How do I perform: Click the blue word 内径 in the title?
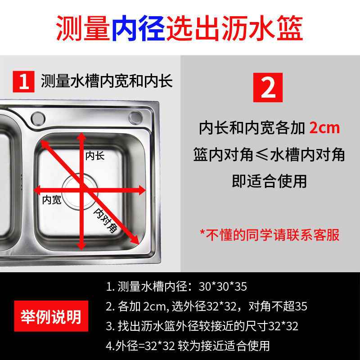coord(139,28)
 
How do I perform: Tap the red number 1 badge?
coord(24,81)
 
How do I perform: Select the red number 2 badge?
coord(268,87)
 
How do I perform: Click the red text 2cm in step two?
coord(324,128)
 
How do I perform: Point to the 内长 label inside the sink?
coord(95,156)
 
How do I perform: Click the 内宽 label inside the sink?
coord(52,200)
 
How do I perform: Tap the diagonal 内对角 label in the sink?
coord(106,220)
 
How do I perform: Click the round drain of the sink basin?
coord(80,192)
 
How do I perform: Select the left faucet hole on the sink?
coord(38,118)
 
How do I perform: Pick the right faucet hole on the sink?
coord(135,117)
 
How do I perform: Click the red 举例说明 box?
coord(51,316)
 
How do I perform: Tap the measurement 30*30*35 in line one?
coord(223,286)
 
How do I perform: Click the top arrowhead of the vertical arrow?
coord(81,136)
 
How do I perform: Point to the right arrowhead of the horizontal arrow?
coord(141,190)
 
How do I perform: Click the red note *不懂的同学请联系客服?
coord(269,234)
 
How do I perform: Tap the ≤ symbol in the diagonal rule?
coord(262,154)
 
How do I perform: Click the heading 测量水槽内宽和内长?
coord(107,81)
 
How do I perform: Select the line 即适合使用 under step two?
coord(269,181)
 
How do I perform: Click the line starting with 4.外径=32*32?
coord(188,346)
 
